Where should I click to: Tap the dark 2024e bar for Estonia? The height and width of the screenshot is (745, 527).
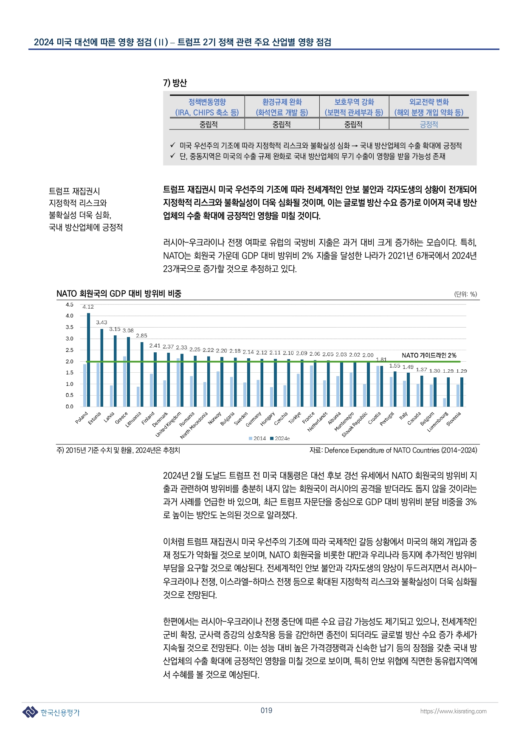pyautogui.click(x=102, y=368)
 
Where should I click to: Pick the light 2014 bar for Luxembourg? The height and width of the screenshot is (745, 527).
pyautogui.click(x=445, y=402)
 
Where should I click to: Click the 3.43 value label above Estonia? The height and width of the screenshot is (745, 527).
pyautogui.click(x=101, y=323)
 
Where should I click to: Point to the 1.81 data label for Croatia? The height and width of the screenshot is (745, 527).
pyautogui.click(x=381, y=360)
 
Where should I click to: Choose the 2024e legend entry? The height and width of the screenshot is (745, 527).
pyautogui.click(x=280, y=439)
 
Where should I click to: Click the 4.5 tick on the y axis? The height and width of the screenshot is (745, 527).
pyautogui.click(x=69, y=304)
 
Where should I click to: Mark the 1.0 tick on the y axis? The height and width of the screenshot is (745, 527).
pyautogui.click(x=69, y=384)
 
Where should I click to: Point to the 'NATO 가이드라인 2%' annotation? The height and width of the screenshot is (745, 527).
pyautogui.click(x=429, y=355)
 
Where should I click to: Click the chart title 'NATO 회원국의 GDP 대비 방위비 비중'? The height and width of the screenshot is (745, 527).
pyautogui.click(x=119, y=294)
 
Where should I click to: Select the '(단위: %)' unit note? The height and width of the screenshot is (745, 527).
pyautogui.click(x=465, y=294)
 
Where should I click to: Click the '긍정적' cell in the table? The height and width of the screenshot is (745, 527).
pyautogui.click(x=429, y=124)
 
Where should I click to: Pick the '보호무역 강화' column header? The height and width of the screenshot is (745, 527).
pyautogui.click(x=354, y=102)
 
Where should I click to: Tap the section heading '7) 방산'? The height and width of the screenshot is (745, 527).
pyautogui.click(x=175, y=83)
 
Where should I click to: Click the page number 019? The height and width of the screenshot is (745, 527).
pyautogui.click(x=266, y=710)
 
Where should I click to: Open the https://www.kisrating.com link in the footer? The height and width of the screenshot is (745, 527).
pyautogui.click(x=453, y=711)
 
